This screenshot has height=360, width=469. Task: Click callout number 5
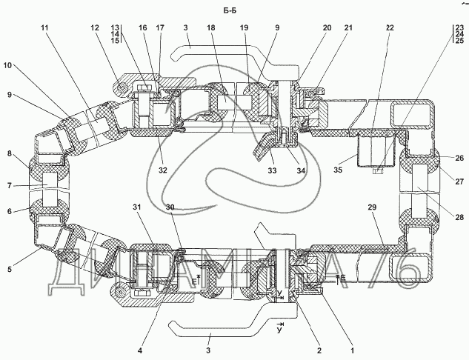[10, 269]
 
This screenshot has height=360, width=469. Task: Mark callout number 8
[10, 155]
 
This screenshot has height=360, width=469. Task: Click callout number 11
[45, 28]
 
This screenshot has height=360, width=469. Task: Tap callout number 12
[94, 28]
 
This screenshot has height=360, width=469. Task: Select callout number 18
[211, 28]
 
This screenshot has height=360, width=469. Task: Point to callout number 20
[327, 28]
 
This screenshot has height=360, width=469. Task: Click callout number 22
[390, 28]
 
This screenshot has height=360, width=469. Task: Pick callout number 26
[459, 158]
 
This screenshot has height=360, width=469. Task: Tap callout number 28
[459, 217]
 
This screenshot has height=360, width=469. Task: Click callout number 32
[163, 171]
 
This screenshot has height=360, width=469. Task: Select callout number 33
[272, 171]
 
